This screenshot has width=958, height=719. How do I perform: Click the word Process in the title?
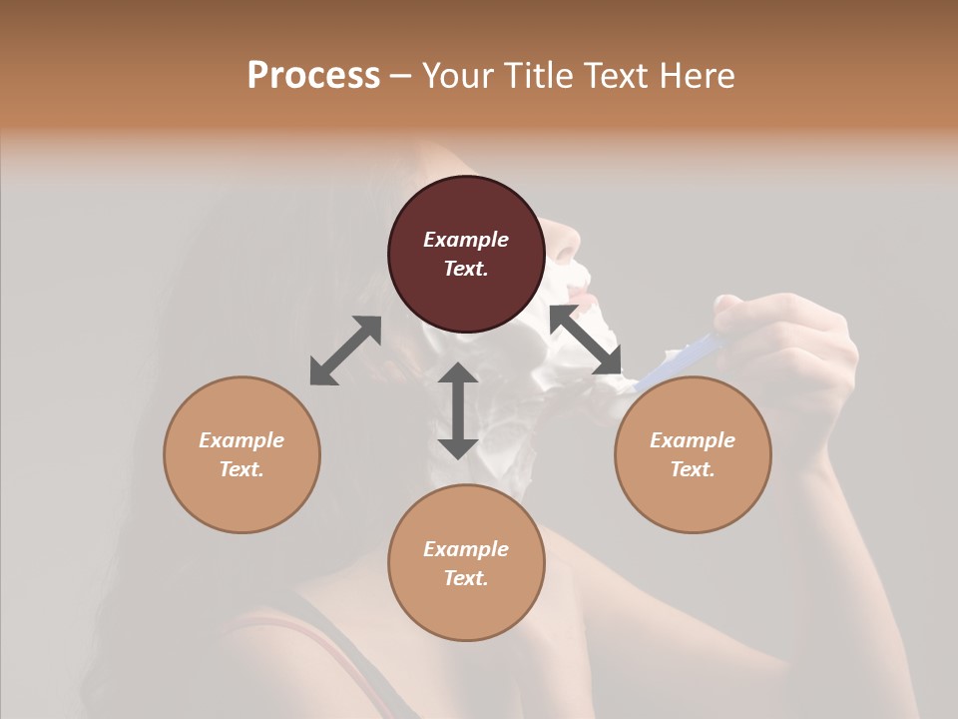[x=313, y=75]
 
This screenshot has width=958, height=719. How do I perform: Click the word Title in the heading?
[x=537, y=75]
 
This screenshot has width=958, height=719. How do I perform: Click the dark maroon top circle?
[x=466, y=254]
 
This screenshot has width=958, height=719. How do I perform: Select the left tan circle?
[x=241, y=454]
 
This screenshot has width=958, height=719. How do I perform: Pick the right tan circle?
[x=693, y=454]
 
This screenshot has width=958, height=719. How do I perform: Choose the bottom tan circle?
[x=466, y=562]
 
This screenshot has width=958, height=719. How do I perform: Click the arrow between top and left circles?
[x=345, y=351]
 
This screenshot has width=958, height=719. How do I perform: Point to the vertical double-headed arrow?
[x=458, y=410]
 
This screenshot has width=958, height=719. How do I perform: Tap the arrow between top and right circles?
[x=586, y=341]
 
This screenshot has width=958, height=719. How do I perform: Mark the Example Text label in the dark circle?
[x=466, y=254]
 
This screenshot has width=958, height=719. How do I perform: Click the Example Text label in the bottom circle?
[x=466, y=563]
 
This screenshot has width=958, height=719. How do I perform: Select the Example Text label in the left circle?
[x=241, y=454]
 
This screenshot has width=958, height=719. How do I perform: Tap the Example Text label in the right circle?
[x=693, y=454]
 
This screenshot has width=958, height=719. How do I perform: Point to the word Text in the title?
[x=618, y=75]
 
